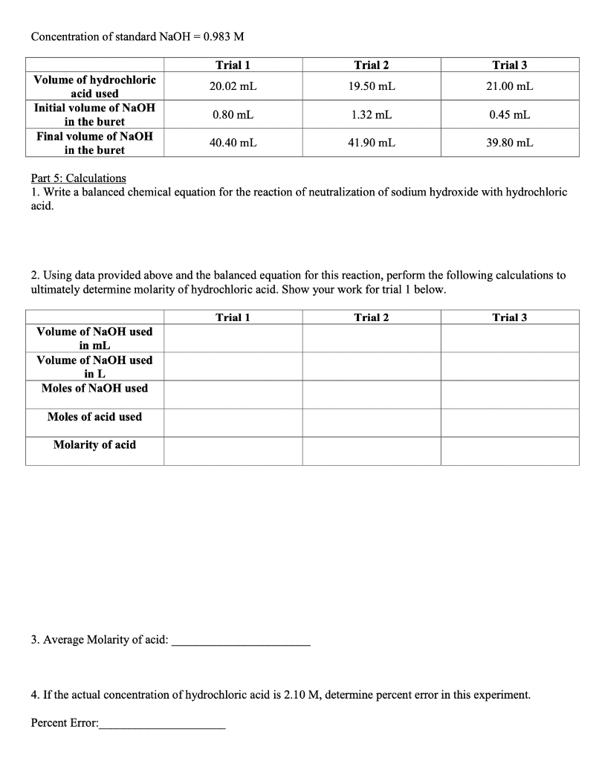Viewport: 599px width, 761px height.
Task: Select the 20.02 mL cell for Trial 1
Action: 233,86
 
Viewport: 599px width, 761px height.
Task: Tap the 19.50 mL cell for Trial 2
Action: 371,86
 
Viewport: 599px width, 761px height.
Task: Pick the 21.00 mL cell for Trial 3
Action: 509,86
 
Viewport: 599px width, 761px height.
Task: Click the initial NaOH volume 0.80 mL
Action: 233,114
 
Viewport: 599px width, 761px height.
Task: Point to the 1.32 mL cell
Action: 371,114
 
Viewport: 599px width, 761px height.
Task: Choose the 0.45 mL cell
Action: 509,114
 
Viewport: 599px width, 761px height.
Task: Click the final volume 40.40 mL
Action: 233,143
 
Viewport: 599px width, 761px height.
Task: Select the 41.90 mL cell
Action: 371,143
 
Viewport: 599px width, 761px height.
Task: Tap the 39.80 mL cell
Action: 509,143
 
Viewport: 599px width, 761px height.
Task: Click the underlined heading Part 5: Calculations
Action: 79,178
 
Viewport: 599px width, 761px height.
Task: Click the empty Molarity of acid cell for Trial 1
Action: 233,451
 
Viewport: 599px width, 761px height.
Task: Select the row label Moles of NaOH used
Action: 94,389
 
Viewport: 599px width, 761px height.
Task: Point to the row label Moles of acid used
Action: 94,417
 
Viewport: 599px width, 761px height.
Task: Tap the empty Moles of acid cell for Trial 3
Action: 509,422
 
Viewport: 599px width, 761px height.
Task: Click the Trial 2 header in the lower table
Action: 371,318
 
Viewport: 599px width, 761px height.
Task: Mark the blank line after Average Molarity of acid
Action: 241,643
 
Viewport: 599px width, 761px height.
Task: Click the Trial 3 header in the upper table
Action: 509,65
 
